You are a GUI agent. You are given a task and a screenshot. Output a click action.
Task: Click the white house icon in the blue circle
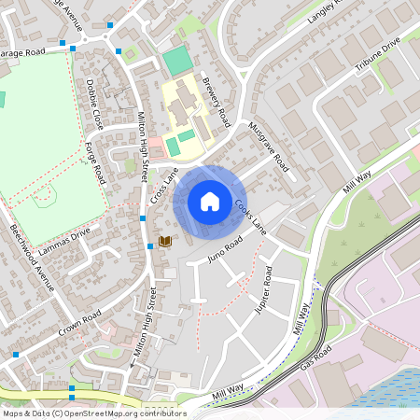click(210, 201)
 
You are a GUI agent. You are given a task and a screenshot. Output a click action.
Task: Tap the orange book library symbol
click(165, 241)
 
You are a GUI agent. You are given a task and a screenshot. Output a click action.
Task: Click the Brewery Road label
click(217, 103)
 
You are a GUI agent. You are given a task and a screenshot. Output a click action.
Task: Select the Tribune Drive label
click(377, 57)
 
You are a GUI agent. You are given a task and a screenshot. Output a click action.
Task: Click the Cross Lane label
click(164, 187)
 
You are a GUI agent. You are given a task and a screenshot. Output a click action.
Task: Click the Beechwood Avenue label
click(33, 258)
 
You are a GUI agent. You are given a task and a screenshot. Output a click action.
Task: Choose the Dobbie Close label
click(95, 104)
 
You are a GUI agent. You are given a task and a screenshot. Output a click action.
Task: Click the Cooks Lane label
click(250, 217)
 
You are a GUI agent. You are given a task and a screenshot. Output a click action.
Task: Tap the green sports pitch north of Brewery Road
click(176, 62)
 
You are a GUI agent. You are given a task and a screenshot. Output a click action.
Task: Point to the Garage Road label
click(22, 52)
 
